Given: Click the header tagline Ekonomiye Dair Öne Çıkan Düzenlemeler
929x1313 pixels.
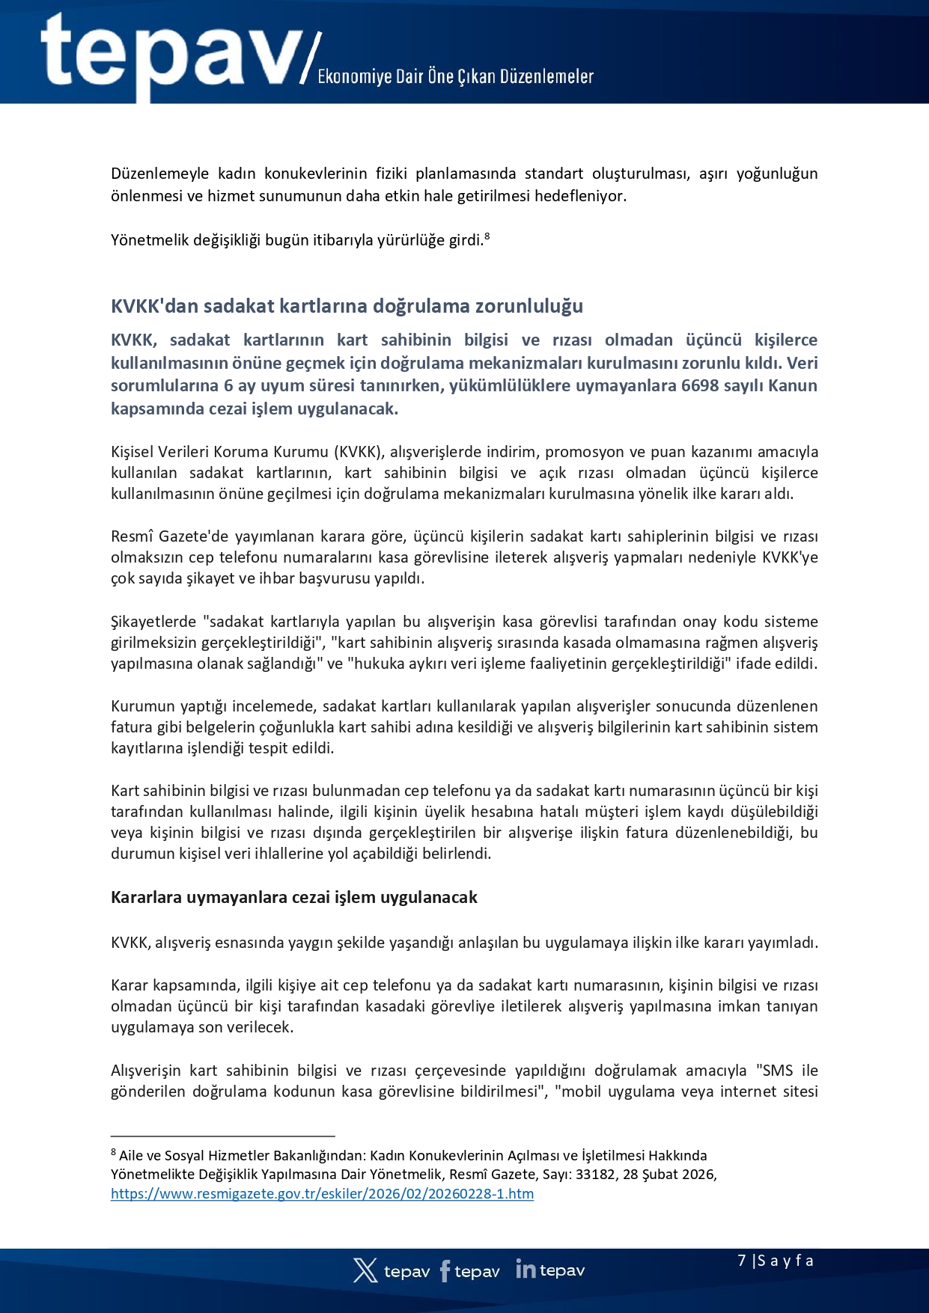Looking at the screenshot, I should click(455, 76).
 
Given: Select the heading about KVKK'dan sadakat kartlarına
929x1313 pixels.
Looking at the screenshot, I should click(347, 306).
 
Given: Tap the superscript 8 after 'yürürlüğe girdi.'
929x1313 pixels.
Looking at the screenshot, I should click(487, 236).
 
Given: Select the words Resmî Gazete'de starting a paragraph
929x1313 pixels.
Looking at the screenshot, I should click(159, 536).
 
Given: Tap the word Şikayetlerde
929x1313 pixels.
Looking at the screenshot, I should click(154, 622).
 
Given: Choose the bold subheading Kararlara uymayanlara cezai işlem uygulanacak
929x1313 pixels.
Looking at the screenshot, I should click(294, 898).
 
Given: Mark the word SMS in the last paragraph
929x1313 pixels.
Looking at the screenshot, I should click(778, 1071).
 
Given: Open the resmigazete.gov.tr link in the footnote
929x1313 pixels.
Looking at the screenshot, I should click(322, 1194).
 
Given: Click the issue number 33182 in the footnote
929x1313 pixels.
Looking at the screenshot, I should click(595, 1175).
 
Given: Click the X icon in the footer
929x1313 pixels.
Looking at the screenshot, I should click(365, 1270).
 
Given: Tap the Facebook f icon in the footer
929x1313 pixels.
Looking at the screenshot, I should click(445, 1270).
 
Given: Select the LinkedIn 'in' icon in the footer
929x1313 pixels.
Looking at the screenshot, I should click(526, 1269).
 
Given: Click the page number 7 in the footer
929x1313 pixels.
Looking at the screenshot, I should click(742, 1261).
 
